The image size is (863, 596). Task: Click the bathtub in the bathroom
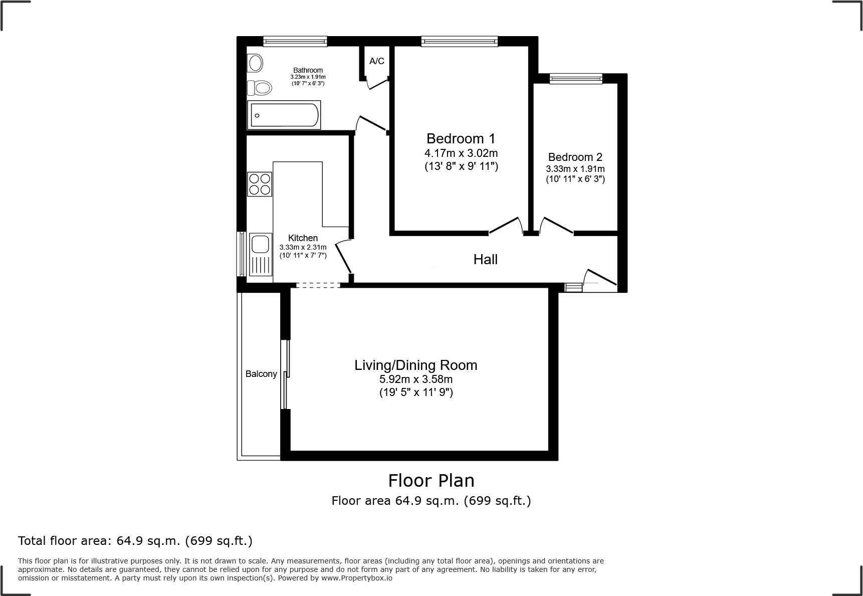point(284,115)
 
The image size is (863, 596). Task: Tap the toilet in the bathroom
point(260,88)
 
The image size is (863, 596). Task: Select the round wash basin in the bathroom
point(256,64)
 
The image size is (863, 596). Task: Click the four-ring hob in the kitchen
point(260,184)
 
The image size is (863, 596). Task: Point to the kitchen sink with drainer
point(260,254)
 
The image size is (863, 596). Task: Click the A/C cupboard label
point(377,61)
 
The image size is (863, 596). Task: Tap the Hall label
point(485,259)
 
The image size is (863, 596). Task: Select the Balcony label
point(261,374)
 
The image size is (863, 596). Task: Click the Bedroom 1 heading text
point(461,138)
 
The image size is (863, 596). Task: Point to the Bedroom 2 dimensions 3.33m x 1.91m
point(575,169)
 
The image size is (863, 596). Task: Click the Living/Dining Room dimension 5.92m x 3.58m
point(416,379)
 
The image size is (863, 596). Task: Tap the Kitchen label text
point(303,238)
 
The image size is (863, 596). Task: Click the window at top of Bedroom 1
point(460,42)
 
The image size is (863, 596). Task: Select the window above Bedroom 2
point(575,78)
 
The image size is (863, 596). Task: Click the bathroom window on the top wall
point(295,42)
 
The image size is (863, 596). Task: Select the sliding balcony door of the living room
point(286,374)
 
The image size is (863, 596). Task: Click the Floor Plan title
point(431,481)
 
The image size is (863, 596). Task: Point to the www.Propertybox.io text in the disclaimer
point(356,578)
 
